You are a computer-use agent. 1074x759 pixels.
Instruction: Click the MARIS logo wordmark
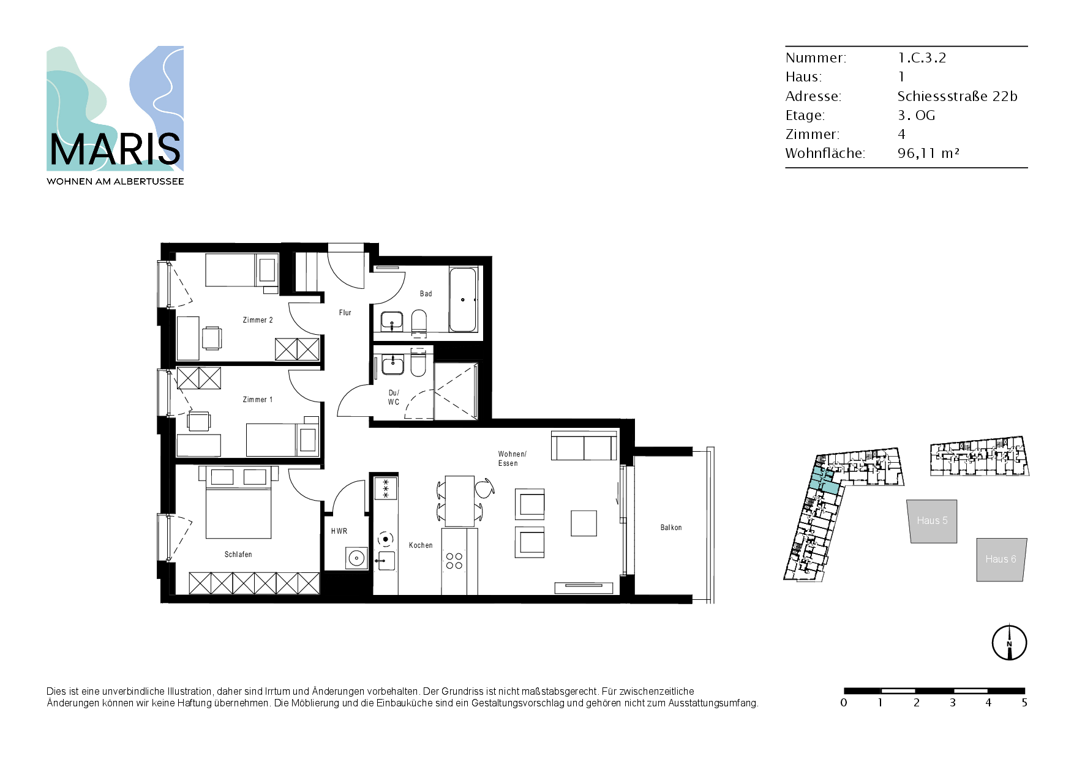115,149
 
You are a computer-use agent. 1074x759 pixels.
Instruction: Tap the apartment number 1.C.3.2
922,58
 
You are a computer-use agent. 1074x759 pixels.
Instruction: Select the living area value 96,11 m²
928,153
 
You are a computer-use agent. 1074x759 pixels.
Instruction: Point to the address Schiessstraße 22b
957,96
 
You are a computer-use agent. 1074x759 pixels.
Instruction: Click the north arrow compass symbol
1009,643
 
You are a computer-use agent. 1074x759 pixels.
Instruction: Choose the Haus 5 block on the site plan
932,521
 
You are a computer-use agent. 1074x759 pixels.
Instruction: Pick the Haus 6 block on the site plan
1001,559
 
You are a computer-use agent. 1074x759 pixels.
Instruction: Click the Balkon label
671,527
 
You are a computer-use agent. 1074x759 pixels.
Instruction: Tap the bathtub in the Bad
463,299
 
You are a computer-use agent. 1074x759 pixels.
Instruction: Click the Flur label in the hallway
345,313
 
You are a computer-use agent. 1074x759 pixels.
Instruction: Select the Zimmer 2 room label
258,320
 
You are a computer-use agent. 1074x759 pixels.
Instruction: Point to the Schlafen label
238,555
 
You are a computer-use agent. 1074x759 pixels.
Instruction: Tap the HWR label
339,531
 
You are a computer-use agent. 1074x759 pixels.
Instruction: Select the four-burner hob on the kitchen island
454,561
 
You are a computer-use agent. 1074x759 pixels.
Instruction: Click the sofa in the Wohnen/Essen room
584,446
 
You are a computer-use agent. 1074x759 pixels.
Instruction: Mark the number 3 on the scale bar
953,703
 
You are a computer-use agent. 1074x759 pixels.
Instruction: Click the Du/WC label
394,397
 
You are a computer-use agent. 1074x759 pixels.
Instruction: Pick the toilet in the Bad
419,323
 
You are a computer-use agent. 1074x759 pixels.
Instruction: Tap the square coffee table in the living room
584,523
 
